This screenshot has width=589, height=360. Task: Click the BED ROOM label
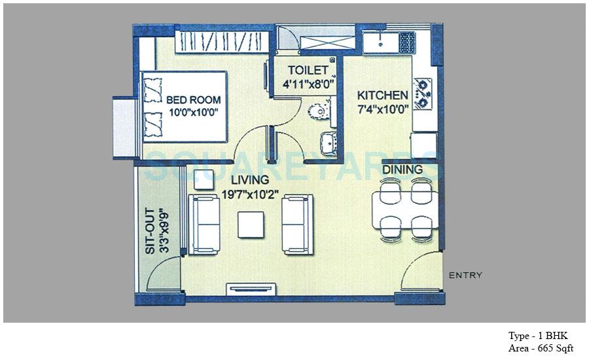[193, 100]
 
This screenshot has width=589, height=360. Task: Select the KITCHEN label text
[383, 96]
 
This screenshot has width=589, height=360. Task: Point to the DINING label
[402, 170]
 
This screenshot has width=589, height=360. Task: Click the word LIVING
[249, 179]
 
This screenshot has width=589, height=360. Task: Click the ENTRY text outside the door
[465, 276]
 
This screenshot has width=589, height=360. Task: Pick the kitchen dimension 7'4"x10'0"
[384, 109]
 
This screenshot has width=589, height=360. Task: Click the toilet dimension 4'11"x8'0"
[306, 84]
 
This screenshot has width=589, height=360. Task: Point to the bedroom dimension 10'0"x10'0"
[192, 113]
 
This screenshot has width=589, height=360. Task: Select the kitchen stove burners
[423, 93]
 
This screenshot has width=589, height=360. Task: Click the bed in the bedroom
[185, 106]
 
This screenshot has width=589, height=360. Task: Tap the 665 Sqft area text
[541, 349]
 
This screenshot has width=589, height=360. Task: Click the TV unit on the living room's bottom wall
[251, 289]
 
